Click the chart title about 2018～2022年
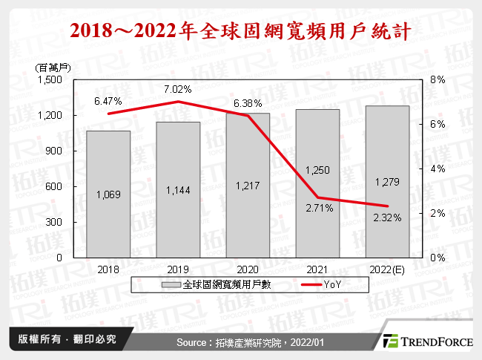point(241,32)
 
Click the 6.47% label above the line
point(108,99)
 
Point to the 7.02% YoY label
point(179,88)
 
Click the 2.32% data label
point(388,218)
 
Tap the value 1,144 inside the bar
point(178,190)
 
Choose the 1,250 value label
point(318,170)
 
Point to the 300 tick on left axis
point(59,222)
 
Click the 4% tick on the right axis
point(438,169)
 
